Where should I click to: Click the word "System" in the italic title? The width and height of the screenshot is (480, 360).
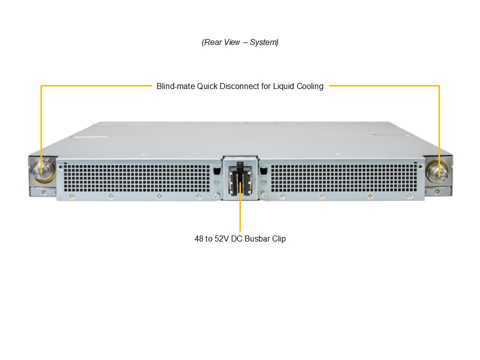[263, 42]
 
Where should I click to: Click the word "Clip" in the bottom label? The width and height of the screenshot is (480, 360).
[279, 239]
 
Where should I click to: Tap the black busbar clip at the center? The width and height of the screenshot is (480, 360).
[240, 179]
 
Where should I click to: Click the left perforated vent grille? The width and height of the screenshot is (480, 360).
[137, 178]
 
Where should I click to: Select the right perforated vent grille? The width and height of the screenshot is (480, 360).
[344, 178]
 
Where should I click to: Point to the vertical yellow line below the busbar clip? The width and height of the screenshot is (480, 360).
[240, 207]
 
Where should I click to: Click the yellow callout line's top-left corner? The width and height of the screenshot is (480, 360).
[41, 85]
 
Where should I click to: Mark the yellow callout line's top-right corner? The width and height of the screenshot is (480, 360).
[439, 85]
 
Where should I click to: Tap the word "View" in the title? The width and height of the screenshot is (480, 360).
[231, 42]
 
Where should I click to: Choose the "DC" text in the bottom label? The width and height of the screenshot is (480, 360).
[236, 239]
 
